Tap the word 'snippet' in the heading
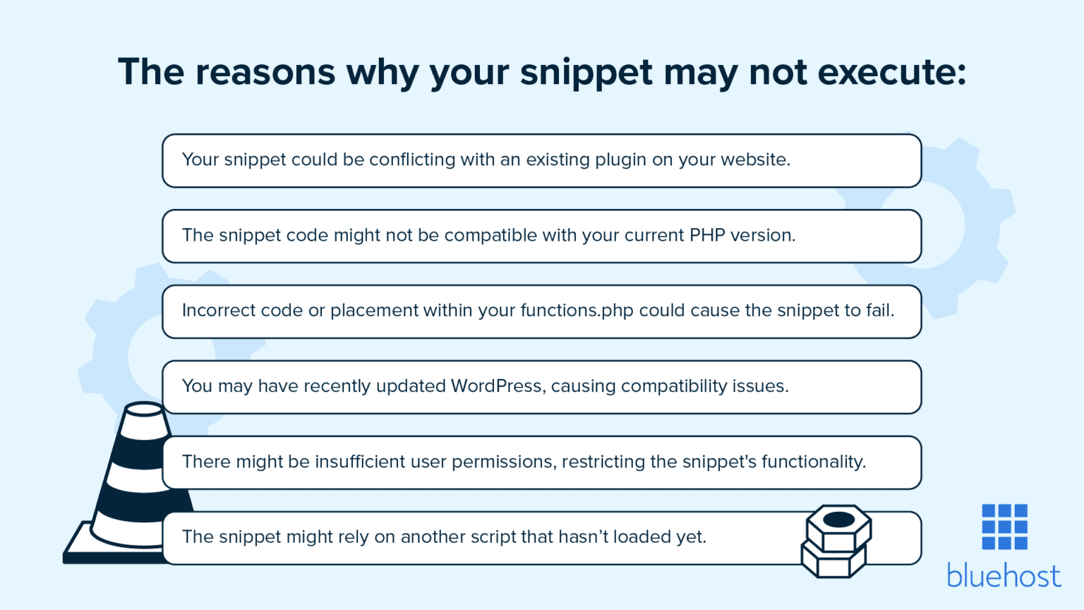(586, 73)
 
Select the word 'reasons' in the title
(265, 72)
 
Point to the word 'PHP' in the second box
(707, 235)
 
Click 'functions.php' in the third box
(577, 311)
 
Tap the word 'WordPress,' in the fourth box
(498, 386)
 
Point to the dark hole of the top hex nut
(838, 520)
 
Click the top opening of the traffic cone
(144, 409)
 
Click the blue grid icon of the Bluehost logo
(1004, 527)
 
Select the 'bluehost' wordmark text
(1004, 576)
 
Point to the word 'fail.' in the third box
(878, 311)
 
